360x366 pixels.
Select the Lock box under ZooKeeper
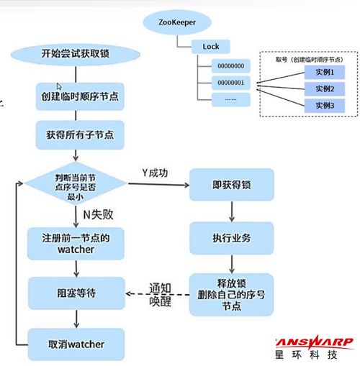(x=211, y=47)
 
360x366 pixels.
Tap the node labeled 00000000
(x=230, y=66)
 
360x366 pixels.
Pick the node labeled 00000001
(x=230, y=83)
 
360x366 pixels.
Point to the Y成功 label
(x=153, y=173)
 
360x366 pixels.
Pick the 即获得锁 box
(x=231, y=186)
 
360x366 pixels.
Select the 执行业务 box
(x=231, y=237)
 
